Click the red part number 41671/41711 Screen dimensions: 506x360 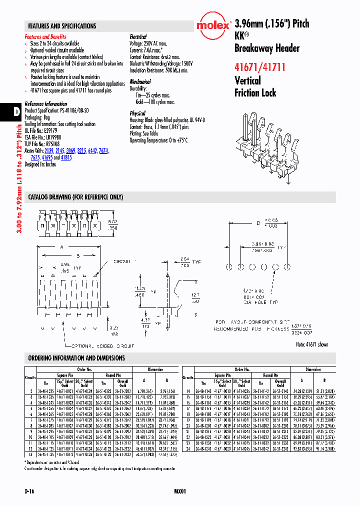point(259,66)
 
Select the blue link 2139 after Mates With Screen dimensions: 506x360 point(49,150)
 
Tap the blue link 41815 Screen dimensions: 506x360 point(66,157)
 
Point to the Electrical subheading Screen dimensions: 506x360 point(138,37)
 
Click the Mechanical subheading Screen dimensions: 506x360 point(140,81)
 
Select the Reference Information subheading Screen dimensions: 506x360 point(45,104)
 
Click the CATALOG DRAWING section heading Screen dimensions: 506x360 point(75,197)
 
